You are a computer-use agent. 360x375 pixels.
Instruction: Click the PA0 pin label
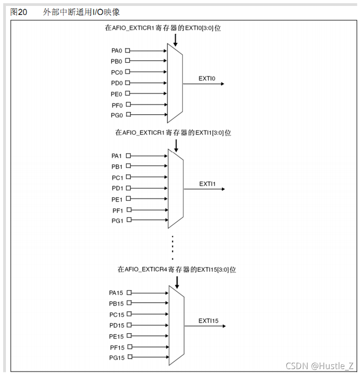coord(117,51)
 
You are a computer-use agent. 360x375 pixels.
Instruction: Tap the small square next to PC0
coord(128,72)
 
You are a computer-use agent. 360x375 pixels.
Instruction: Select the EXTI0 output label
coord(207,79)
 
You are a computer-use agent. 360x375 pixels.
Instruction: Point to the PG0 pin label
coord(117,115)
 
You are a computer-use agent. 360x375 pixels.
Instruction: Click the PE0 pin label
coord(117,94)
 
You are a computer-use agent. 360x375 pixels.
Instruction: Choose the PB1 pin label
coord(117,167)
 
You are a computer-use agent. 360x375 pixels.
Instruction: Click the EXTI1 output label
coord(207,184)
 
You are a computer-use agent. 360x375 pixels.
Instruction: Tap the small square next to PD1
coord(128,188)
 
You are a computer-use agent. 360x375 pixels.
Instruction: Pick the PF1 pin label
coord(117,210)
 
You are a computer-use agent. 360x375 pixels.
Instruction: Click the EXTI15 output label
coord(208,321)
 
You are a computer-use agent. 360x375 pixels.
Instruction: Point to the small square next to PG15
coord(130,358)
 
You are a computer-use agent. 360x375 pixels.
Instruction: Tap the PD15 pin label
coord(117,325)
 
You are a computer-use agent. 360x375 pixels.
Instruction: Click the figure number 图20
coord(19,12)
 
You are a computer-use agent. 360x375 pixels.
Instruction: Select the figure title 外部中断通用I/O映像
coord(81,12)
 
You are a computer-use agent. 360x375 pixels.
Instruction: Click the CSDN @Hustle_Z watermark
coord(319,365)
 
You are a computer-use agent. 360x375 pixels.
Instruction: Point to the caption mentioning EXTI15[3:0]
coord(177,269)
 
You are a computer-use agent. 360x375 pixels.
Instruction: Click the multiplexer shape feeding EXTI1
coord(175,188)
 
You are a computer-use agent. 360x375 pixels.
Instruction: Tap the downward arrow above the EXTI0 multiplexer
coord(175,40)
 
